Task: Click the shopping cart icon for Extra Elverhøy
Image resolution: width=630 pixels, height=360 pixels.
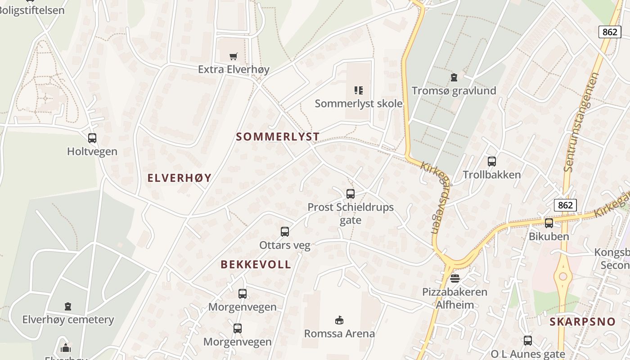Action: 233,56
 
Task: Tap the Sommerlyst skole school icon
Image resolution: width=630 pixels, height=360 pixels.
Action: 358,90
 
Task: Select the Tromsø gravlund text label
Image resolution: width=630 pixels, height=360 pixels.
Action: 454,90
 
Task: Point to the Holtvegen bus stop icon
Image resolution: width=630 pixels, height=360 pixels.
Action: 92,138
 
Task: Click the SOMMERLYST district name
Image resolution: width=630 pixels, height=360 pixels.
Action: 278,137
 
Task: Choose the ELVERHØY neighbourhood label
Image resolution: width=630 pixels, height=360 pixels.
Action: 180,178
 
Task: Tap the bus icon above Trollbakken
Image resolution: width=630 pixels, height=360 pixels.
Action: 492,162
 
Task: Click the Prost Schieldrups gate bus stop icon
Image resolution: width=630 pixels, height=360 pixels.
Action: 351,194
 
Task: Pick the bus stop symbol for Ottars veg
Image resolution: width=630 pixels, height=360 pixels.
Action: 285,232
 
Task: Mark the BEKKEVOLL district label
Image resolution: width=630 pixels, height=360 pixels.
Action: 256,265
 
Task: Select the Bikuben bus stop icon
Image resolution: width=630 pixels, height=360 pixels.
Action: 549,223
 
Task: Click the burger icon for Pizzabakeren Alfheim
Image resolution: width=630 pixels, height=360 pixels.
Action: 455,278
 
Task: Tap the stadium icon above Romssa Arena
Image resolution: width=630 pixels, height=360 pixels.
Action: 339,320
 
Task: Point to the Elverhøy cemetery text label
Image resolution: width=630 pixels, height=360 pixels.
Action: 68,320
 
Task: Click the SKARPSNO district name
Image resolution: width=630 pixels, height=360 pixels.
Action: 582,322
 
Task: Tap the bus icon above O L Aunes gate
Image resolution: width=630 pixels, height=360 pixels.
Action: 528,341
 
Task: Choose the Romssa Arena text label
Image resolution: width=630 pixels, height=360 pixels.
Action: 339,333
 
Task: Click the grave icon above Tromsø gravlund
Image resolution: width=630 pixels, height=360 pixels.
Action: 454,77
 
